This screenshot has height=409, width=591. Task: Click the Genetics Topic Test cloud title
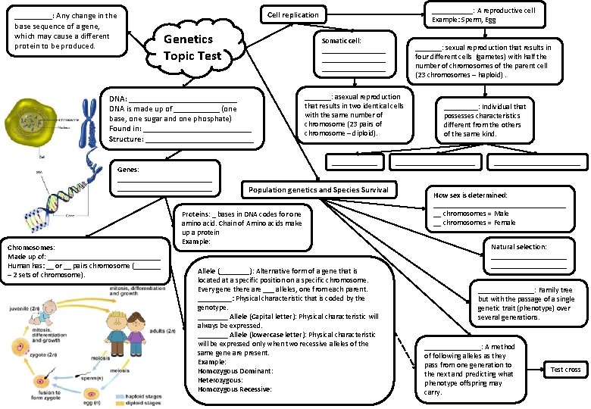pos(192,47)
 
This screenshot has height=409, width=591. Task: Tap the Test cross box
pos(565,369)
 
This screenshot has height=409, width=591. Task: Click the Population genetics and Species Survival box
pos(318,190)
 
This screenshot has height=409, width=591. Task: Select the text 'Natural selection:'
pos(519,247)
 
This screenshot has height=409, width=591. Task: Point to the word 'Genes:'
pos(128,170)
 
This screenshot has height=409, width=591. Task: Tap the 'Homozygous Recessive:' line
pos(234,389)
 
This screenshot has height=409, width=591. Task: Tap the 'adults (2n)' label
pos(162,331)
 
